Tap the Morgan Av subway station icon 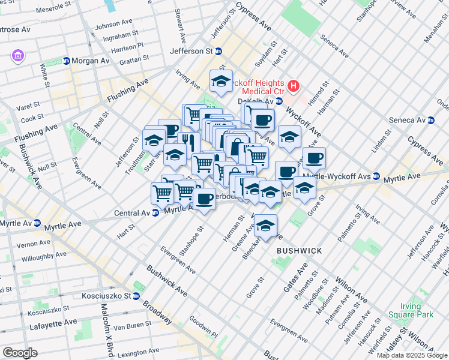(66, 61)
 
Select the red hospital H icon (294, 86)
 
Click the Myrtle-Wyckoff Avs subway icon (376, 176)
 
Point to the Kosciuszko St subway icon (136, 296)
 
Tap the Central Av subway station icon (155, 212)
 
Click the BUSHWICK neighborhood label (300, 250)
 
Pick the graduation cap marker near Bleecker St (265, 226)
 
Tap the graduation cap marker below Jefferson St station (221, 81)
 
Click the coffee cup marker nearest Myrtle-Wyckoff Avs (314, 158)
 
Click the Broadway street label (158, 313)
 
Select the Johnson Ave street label (113, 25)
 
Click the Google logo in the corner (20, 353)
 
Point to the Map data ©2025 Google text (412, 355)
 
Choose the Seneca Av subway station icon (430, 120)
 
